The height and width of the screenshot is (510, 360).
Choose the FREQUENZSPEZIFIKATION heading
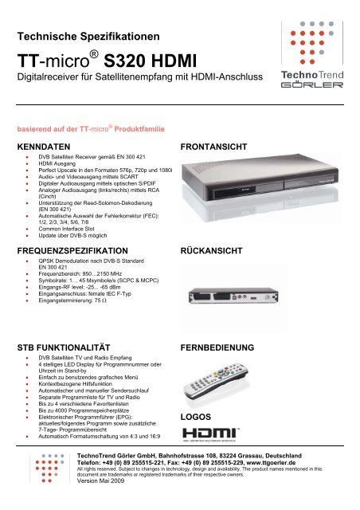click(x=80, y=250)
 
